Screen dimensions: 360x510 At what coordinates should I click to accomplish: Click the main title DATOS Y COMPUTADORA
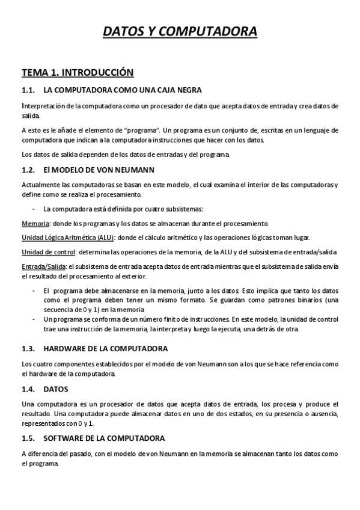(180, 31)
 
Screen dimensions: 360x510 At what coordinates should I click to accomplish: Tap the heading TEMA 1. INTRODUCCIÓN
(77, 73)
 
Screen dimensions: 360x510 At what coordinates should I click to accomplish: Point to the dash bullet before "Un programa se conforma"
(34, 319)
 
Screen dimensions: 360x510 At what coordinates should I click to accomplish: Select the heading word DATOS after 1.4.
(56, 389)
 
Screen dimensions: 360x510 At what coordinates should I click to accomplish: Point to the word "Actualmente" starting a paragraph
(41, 184)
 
